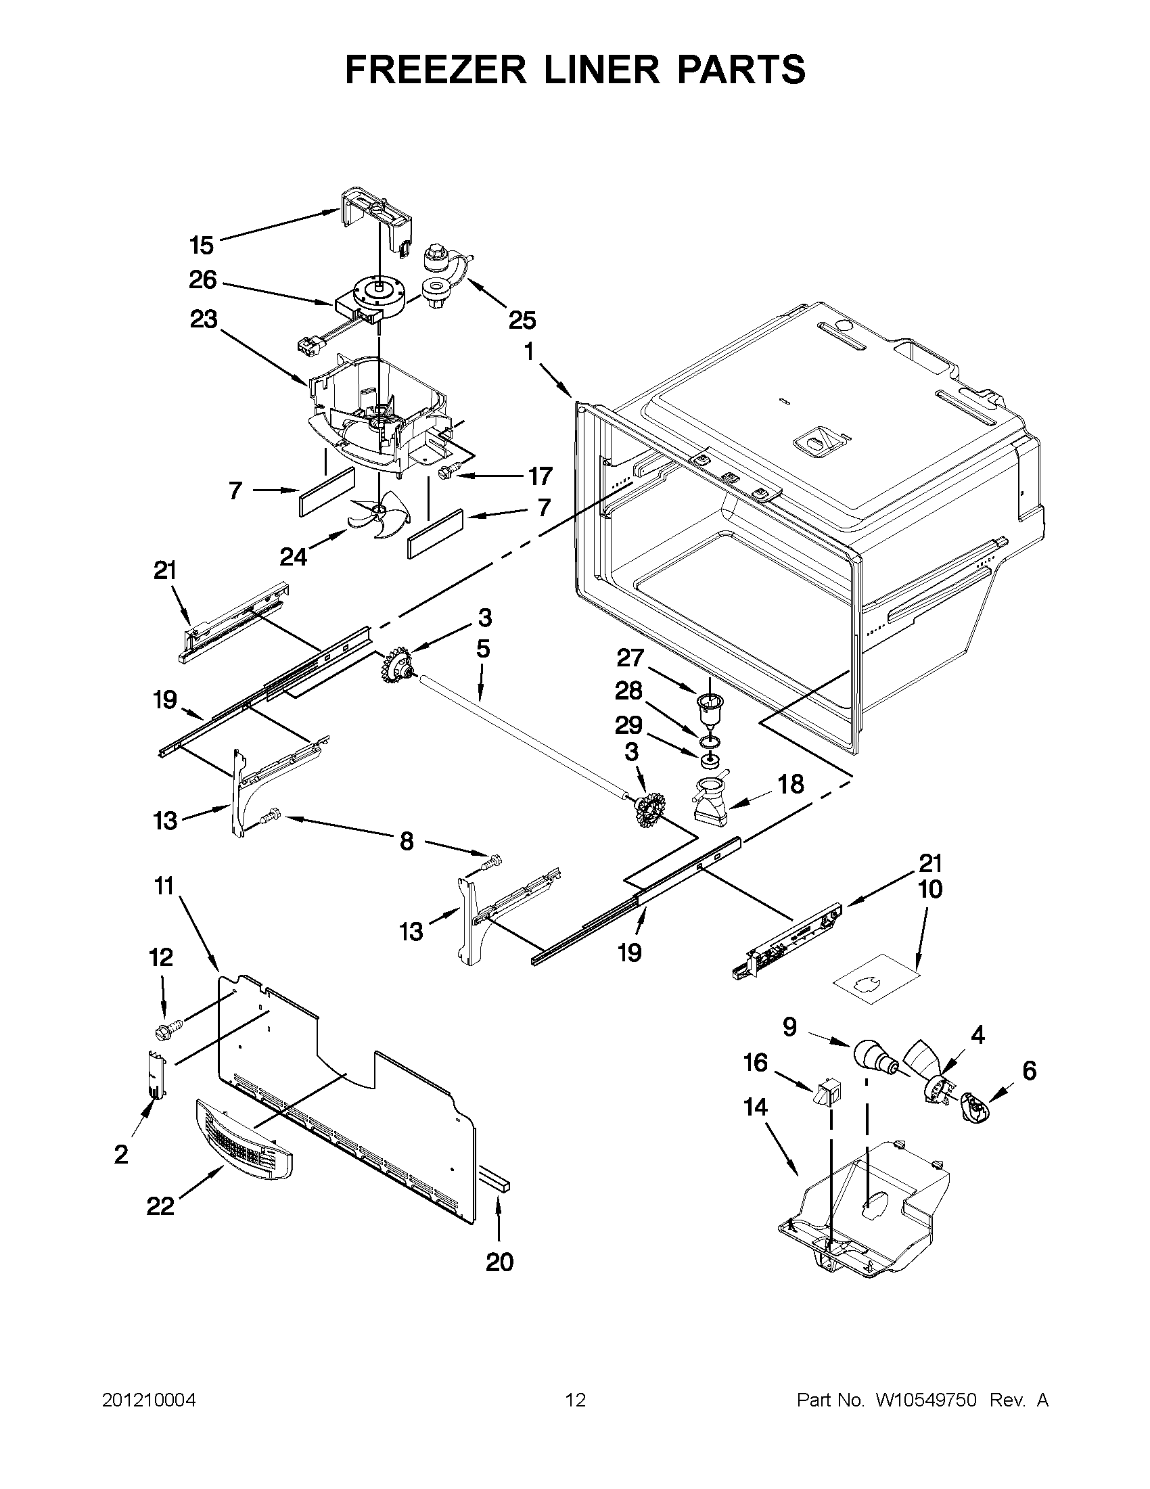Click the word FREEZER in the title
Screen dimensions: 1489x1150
pyautogui.click(x=435, y=70)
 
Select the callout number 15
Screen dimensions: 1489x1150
pyautogui.click(x=202, y=245)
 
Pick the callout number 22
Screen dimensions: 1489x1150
pyautogui.click(x=160, y=1207)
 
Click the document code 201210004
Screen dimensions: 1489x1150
pyautogui.click(x=149, y=1400)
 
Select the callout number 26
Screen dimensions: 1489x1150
pyautogui.click(x=202, y=279)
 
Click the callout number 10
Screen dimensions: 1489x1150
pyautogui.click(x=931, y=889)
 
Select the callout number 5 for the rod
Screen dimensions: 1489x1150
pyautogui.click(x=482, y=648)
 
